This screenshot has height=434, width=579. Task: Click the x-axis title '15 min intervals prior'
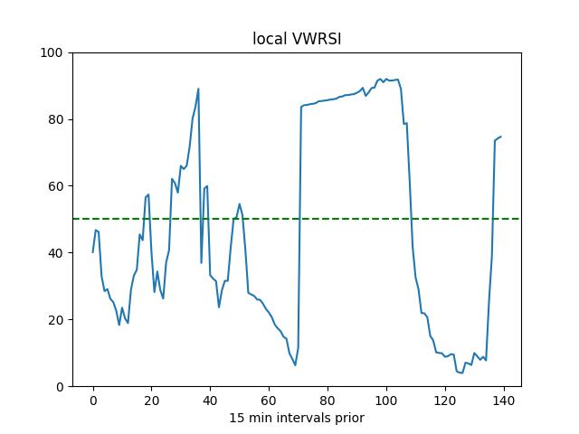[296, 418]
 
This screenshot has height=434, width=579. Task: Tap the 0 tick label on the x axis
[92, 401]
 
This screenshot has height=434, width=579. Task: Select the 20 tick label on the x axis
[151, 401]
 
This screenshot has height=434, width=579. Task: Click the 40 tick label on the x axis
[210, 401]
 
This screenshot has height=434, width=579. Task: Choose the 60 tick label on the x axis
[269, 401]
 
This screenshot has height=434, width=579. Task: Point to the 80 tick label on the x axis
[327, 401]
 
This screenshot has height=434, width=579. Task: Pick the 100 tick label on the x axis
[386, 401]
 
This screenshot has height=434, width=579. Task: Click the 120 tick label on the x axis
[445, 401]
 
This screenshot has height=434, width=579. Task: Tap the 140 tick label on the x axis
[504, 401]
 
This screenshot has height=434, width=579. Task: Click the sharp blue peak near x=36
[198, 89]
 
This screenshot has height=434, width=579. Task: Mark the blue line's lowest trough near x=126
[462, 373]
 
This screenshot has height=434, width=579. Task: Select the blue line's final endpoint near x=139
[500, 137]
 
